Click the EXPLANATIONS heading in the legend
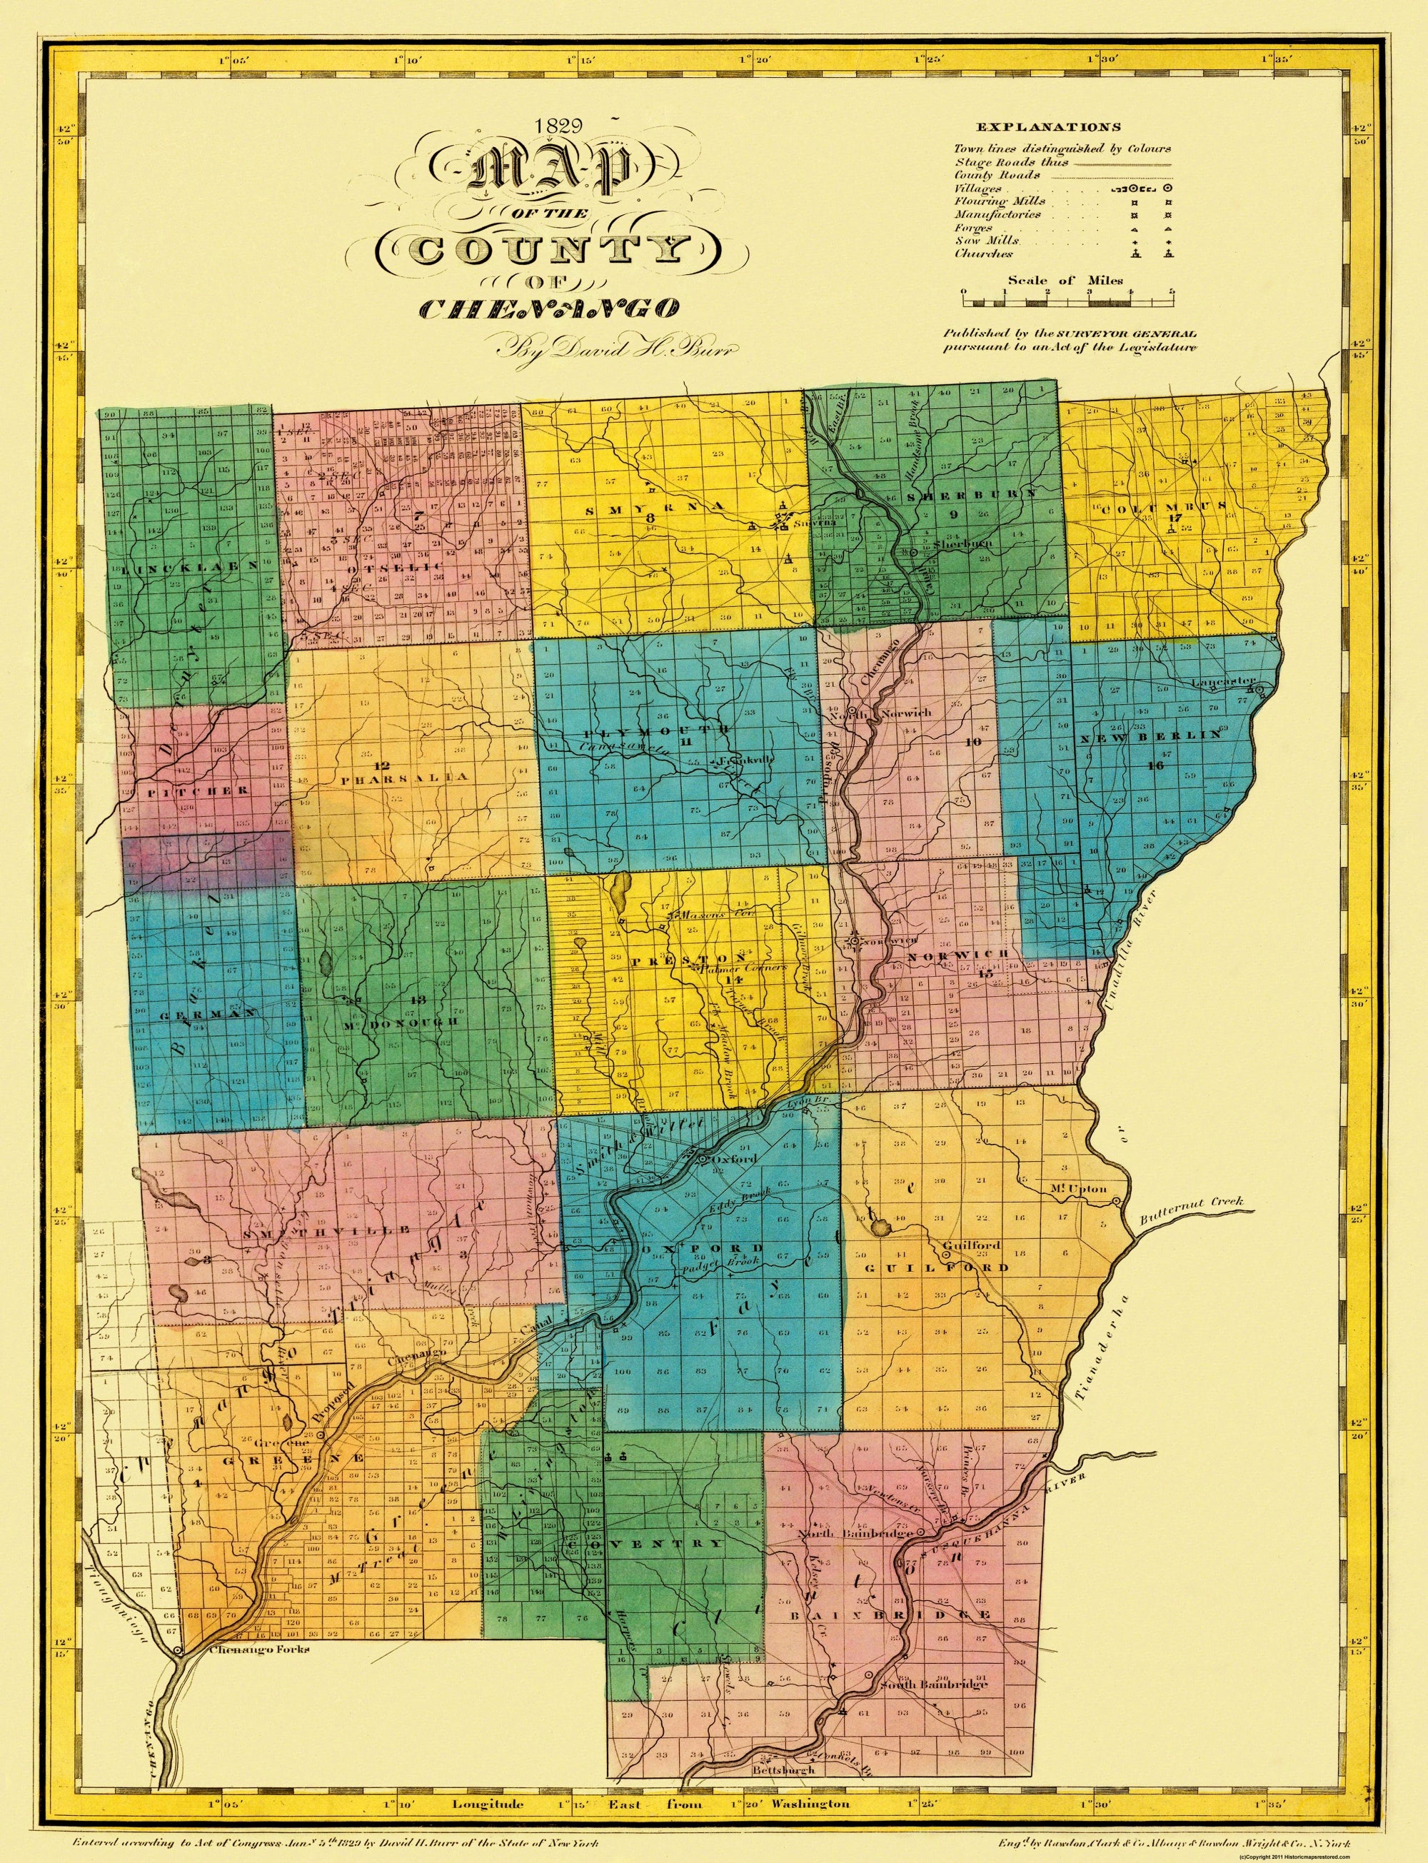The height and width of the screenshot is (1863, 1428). point(1048,128)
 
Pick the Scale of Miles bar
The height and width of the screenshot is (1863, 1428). point(1067,301)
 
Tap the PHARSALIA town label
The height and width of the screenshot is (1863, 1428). point(403,778)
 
